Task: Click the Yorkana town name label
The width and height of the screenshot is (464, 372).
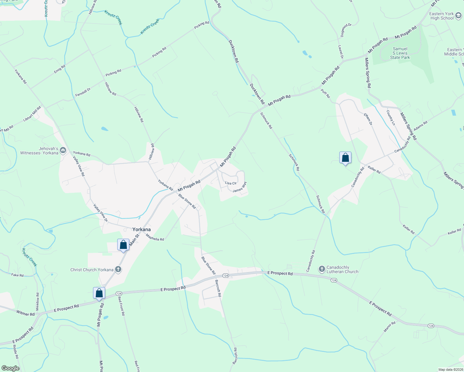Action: (141, 229)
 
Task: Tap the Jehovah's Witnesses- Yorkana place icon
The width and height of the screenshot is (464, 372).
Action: (63, 151)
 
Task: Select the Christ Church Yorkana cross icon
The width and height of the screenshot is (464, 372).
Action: (118, 269)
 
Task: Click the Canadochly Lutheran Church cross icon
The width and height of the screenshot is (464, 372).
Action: (322, 269)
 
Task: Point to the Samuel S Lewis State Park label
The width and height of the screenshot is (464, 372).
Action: (400, 53)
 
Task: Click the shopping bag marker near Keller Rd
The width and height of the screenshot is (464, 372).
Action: (345, 158)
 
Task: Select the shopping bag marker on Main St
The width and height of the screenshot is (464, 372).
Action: (123, 245)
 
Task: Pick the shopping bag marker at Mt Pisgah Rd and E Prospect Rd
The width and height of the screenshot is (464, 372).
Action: (99, 293)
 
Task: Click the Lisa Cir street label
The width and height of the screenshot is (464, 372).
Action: (231, 183)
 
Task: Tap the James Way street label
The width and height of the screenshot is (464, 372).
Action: (239, 187)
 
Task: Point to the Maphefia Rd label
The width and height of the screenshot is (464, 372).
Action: (155, 237)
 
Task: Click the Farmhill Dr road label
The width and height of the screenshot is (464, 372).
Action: (83, 92)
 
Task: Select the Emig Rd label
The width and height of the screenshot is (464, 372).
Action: (60, 69)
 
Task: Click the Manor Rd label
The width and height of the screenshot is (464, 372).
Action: (390, 327)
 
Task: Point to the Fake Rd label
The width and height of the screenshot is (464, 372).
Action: (17, 275)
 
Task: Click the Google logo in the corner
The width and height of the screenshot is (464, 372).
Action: (10, 368)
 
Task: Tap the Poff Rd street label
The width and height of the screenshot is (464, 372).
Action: (326, 93)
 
